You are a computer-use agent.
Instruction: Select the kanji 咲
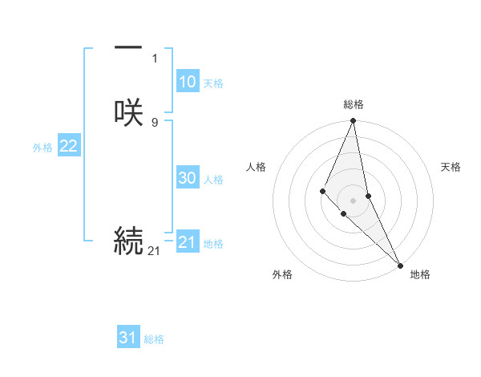pos(128,112)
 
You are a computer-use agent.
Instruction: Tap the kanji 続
pos(128,241)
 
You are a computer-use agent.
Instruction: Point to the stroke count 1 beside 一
pos(155,59)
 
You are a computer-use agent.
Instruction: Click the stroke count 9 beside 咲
pos(155,122)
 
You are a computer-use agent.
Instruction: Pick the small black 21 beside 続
pos(154,251)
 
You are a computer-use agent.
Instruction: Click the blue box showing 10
pos(188,82)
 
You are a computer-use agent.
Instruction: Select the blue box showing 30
pos(188,178)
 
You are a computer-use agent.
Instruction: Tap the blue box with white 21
pos(188,242)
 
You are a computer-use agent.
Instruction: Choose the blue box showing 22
pos(69,146)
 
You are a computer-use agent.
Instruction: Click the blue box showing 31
pos(128,338)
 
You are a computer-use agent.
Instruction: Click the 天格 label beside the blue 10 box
pos(213,83)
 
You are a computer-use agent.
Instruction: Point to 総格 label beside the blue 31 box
pos(154,339)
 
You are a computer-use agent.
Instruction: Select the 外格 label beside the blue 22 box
pos(42,148)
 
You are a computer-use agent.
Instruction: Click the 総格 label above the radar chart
pos(354,104)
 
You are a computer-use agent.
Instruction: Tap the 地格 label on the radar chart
pos(420,274)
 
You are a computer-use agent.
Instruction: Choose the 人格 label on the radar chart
pos(257,167)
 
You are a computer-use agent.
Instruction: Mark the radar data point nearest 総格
pos(354,121)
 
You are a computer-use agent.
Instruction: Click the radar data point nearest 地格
pos(400,265)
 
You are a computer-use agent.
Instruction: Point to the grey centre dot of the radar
pos(354,200)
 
